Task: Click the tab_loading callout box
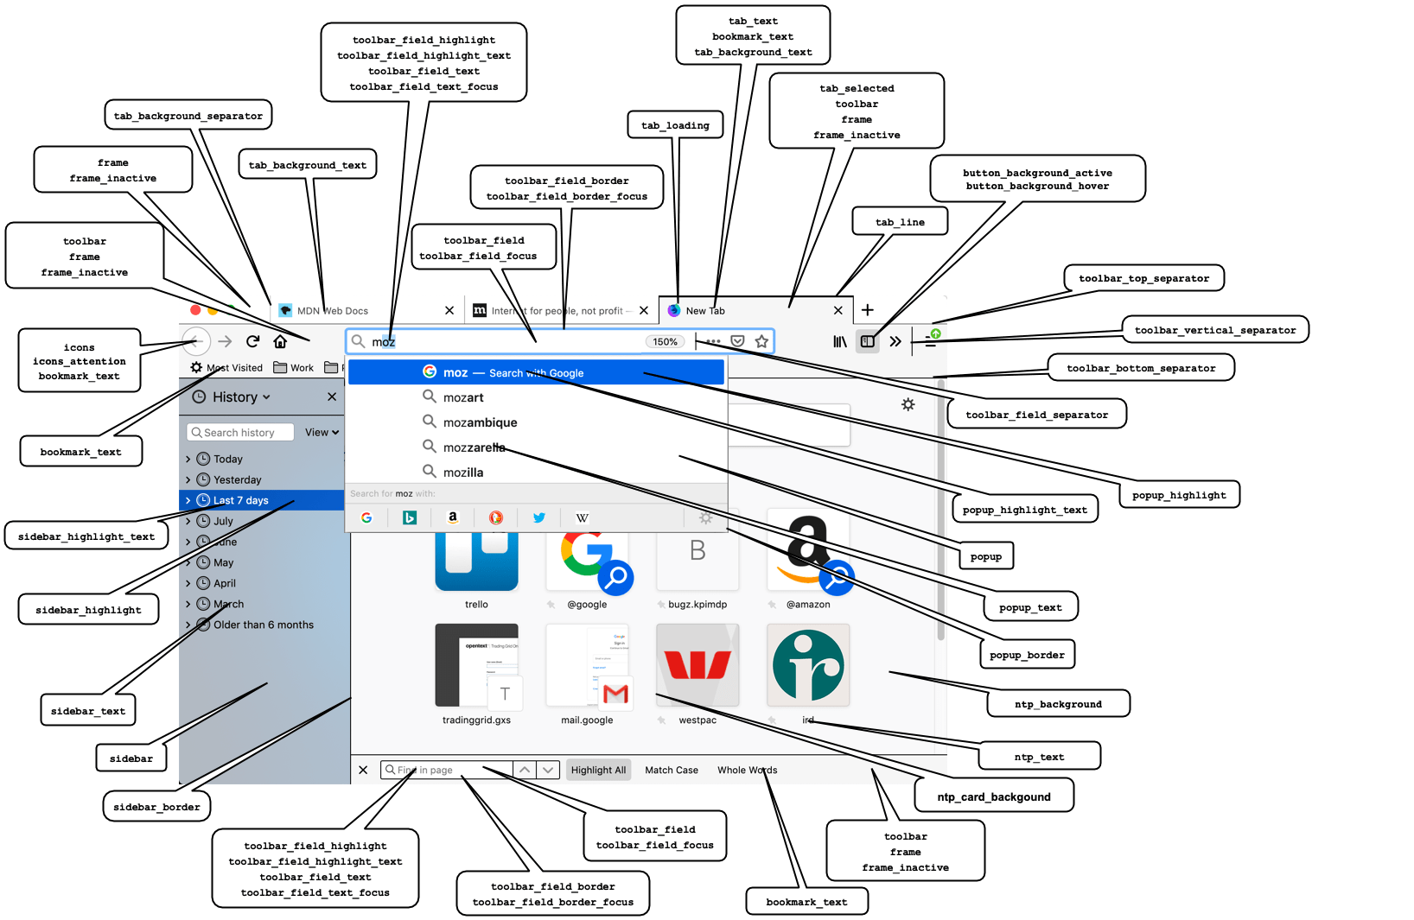point(675,125)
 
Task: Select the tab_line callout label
point(900,222)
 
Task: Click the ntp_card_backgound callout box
point(994,796)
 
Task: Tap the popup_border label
point(1027,655)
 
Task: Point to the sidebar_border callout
point(156,807)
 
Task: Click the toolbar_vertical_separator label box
point(1214,330)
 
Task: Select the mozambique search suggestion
point(480,422)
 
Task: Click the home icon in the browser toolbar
point(280,342)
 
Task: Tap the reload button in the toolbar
point(252,342)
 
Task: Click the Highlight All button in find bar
point(598,770)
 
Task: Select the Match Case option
point(672,770)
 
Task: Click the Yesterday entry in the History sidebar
point(237,479)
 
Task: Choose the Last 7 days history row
point(240,500)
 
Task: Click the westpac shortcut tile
point(697,665)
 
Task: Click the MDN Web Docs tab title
point(333,311)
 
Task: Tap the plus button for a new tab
point(868,310)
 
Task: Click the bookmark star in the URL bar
point(761,341)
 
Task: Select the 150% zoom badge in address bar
point(665,342)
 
